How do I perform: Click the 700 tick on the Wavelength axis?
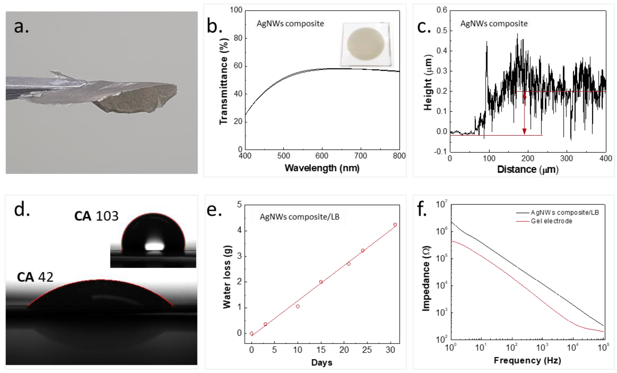[360, 156]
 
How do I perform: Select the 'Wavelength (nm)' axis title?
[322, 168]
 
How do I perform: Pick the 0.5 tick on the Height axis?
[442, 30]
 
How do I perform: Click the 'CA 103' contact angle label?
[96, 216]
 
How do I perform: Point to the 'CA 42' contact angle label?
[35, 277]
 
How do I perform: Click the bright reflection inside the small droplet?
[155, 246]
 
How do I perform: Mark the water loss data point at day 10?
[298, 306]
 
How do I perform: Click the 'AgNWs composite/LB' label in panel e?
[299, 217]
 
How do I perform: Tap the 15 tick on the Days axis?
[321, 350]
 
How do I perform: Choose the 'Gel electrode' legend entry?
[551, 221]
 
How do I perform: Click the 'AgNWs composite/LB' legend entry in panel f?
[564, 213]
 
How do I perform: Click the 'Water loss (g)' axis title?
[227, 277]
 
